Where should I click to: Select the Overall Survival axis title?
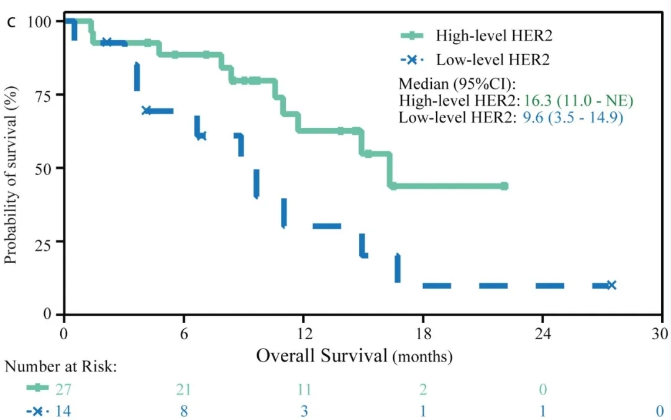pyautogui.click(x=354, y=356)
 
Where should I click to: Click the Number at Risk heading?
pyautogui.click(x=61, y=366)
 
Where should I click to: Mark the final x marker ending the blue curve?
pyautogui.click(x=611, y=285)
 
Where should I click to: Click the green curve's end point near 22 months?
pyautogui.click(x=504, y=186)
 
